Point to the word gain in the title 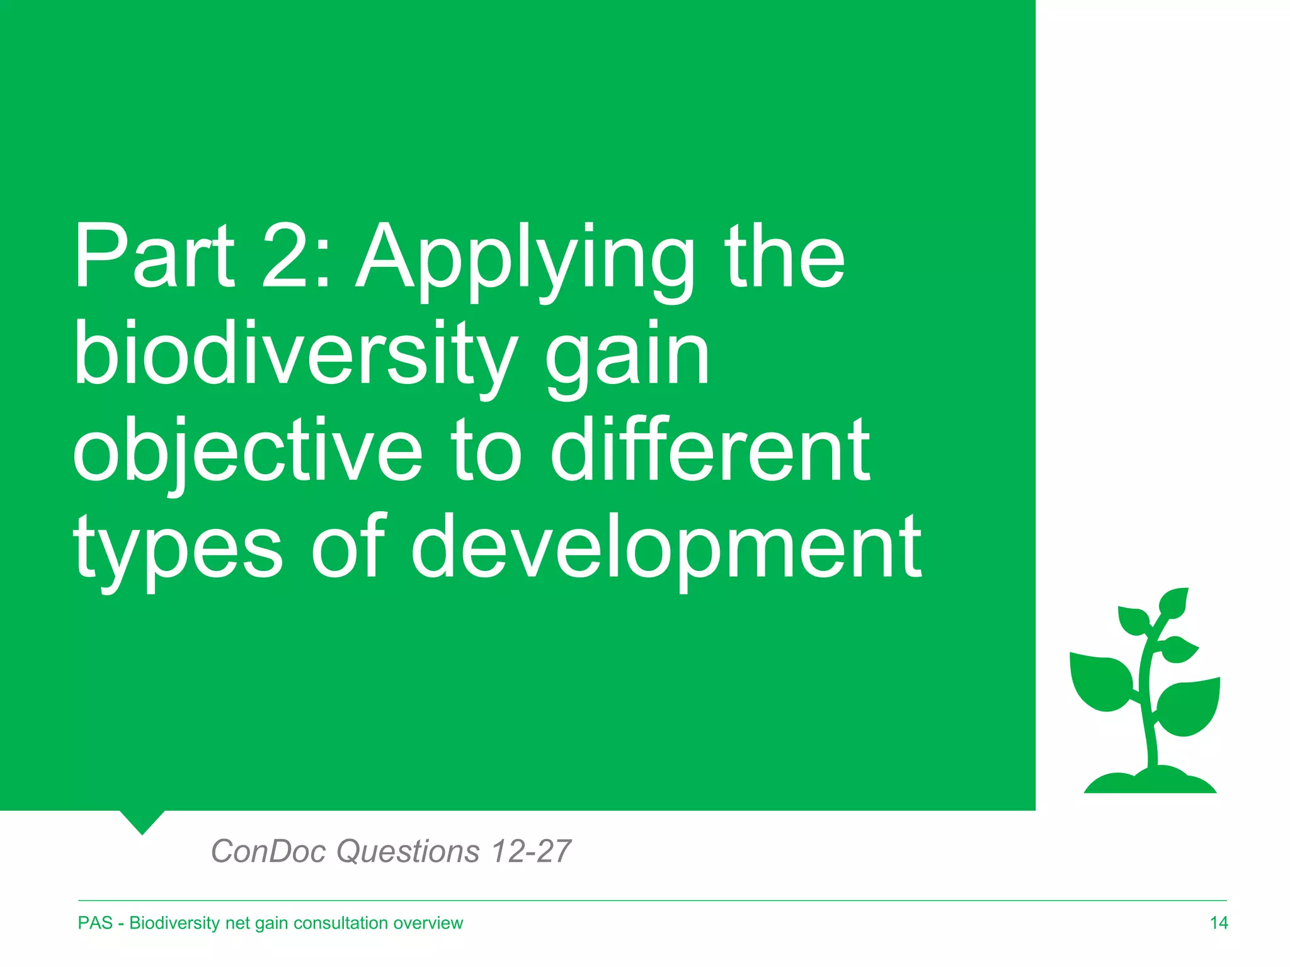point(627,359)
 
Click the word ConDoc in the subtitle point(268,851)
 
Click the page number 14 point(1218,923)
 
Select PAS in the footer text point(95,923)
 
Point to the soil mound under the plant point(1150,782)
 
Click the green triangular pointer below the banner point(142,821)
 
